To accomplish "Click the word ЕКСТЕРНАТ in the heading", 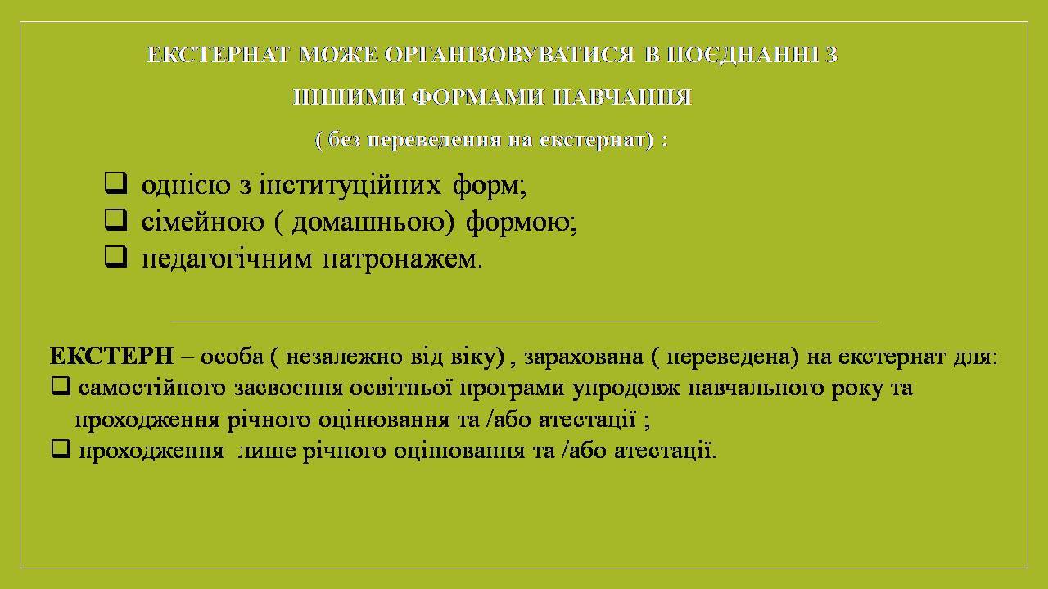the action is click(219, 55).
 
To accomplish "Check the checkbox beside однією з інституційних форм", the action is click(115, 183).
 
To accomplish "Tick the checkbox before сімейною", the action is click(115, 220).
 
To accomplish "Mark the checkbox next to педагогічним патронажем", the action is click(115, 257).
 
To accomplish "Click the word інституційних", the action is click(350, 185).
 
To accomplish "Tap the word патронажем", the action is click(402, 259).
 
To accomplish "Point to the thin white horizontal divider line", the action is click(524, 321).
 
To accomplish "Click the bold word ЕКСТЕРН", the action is click(112, 356).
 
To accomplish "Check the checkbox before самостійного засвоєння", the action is click(61, 387).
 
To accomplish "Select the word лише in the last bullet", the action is click(267, 452).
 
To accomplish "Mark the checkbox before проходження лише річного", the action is click(61, 449).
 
